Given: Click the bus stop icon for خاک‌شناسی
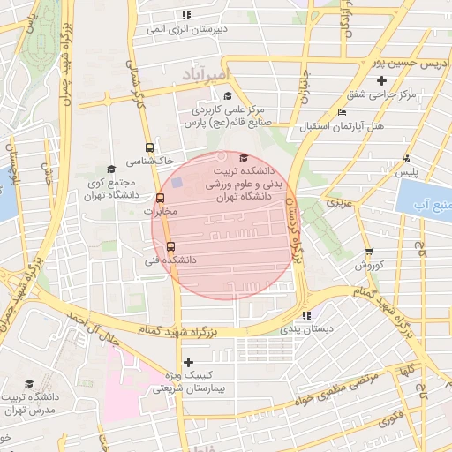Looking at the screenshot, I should [x=149, y=149].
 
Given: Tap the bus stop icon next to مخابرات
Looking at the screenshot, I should [x=161, y=199].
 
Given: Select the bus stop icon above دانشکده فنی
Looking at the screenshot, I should [x=170, y=247].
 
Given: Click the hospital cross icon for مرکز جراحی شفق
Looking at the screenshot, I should [x=381, y=81].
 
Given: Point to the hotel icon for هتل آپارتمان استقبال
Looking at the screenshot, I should [x=342, y=113].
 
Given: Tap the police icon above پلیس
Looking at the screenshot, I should [x=406, y=158].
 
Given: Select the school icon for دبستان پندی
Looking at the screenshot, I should [x=306, y=315].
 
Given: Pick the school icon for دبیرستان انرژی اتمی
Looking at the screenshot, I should [x=185, y=16].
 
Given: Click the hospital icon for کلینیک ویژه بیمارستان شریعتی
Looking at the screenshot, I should [x=188, y=362].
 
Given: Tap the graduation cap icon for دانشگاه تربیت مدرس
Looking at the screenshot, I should [x=29, y=384].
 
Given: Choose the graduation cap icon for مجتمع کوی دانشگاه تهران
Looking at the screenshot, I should [x=110, y=169].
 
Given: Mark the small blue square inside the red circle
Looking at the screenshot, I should [x=177, y=183].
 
